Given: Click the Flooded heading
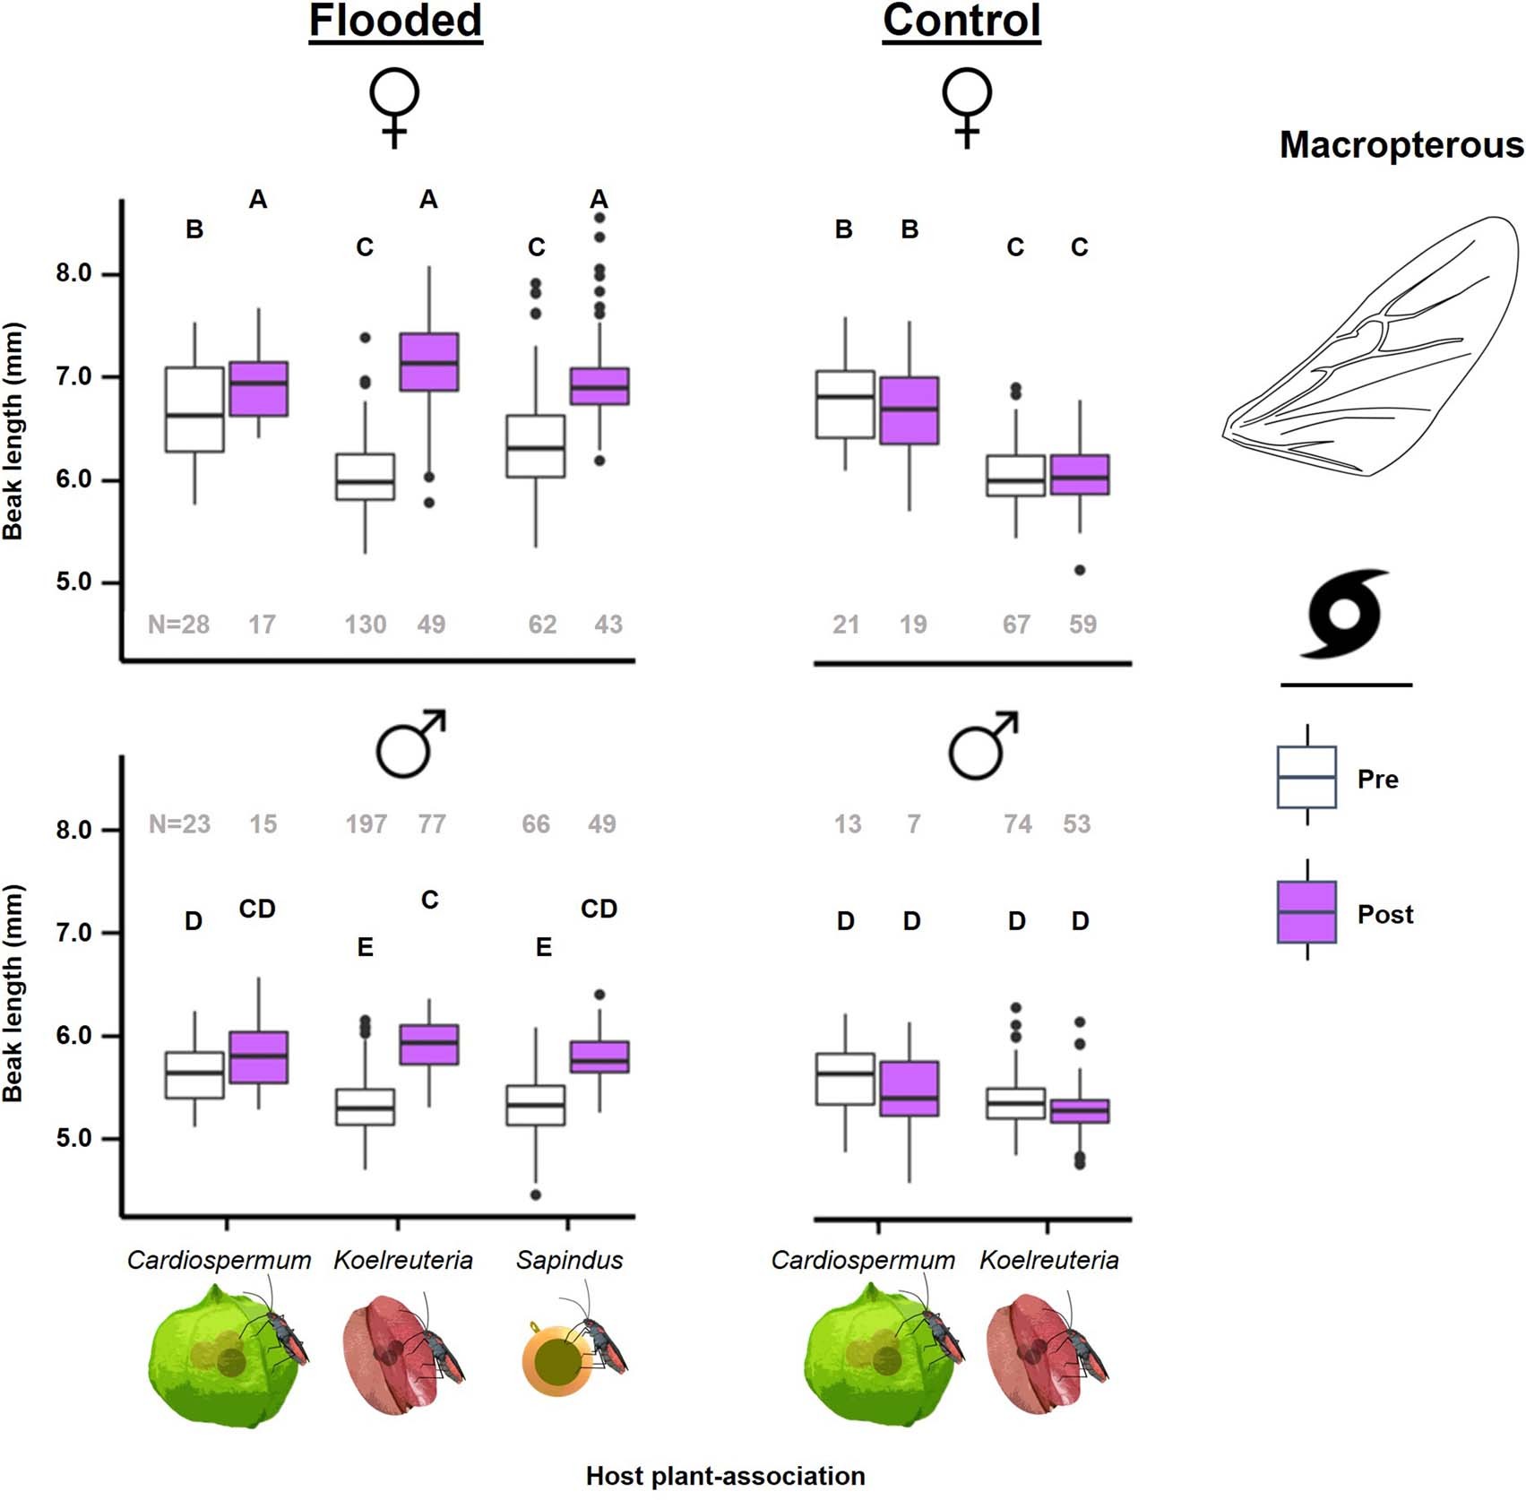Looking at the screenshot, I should tap(395, 22).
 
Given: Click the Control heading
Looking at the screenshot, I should tap(961, 22).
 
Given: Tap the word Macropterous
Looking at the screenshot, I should tap(1401, 145).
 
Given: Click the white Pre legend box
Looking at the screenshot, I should tap(1306, 777).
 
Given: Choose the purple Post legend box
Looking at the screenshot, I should tap(1306, 912).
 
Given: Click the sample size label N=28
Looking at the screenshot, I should tap(179, 625).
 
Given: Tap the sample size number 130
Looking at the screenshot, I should tap(366, 625).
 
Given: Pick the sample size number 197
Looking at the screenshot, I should tap(366, 823).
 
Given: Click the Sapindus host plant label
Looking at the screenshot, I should tap(569, 1260).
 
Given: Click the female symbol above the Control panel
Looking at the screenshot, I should tap(966, 107).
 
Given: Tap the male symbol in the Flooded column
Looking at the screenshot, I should tap(410, 745).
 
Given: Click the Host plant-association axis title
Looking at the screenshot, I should tap(725, 1476).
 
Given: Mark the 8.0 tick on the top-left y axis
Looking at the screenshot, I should tap(74, 273).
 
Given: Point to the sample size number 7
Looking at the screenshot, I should tap(913, 823).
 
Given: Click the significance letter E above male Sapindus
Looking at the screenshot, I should tap(544, 947).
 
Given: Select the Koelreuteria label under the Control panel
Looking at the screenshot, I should tap(1048, 1260).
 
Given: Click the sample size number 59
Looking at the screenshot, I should tap(1082, 625).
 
